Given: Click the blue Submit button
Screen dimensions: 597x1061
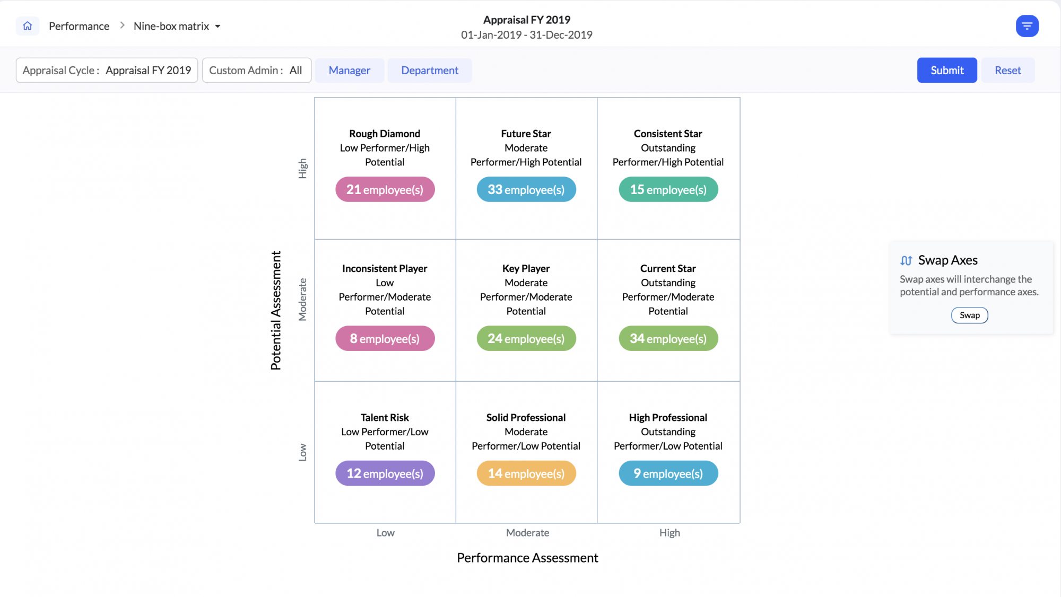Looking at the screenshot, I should [x=946, y=70].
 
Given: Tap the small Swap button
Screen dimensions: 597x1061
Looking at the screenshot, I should [x=969, y=315].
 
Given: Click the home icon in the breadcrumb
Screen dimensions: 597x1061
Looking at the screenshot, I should [x=28, y=26].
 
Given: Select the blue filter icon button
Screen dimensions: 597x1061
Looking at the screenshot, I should [x=1027, y=26].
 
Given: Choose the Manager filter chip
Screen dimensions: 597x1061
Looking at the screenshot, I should [x=349, y=70].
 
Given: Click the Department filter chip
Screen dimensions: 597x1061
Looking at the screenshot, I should [x=429, y=70].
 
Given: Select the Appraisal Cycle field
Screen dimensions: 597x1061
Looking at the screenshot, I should [x=107, y=70].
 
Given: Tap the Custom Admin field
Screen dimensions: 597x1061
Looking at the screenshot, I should [x=256, y=70].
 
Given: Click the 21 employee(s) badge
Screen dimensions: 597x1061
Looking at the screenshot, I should [x=385, y=189].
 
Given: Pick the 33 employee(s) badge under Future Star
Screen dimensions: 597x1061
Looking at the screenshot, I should [x=526, y=189].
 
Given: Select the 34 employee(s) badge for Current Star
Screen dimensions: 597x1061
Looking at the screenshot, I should [x=668, y=338].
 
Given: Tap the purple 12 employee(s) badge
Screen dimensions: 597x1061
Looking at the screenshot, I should [x=385, y=473].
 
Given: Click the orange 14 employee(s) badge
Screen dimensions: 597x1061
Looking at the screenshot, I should [x=526, y=473].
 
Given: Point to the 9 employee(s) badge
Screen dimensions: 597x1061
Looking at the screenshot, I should [x=668, y=473].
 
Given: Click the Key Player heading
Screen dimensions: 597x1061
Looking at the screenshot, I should [x=526, y=268].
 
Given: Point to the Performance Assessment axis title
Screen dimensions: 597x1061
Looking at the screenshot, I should [x=527, y=558].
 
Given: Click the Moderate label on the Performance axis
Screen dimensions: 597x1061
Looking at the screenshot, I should [x=527, y=533].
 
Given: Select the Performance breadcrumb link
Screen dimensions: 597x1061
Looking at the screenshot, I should [x=79, y=26].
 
